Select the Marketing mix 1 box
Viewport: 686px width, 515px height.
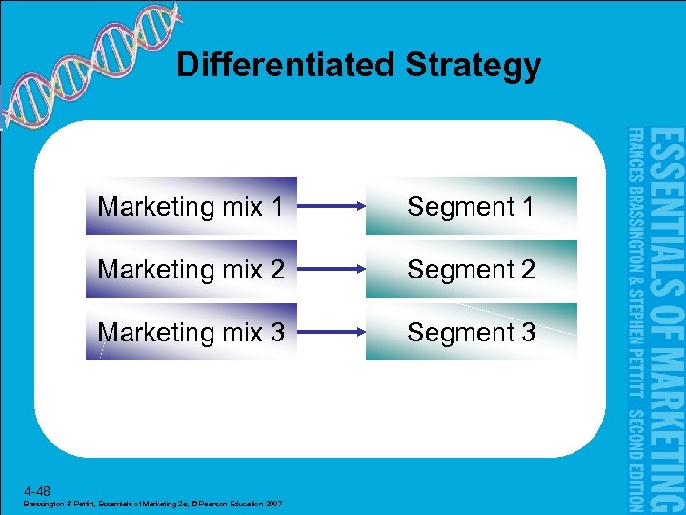[192, 206]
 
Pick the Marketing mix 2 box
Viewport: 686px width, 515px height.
[192, 269]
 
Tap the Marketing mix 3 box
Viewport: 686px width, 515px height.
[192, 332]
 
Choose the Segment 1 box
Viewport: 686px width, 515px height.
[472, 206]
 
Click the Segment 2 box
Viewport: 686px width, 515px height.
[472, 269]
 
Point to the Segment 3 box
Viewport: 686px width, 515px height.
[472, 332]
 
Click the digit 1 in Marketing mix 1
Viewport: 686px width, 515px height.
[276, 207]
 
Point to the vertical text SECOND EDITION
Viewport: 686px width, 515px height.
[636, 458]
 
